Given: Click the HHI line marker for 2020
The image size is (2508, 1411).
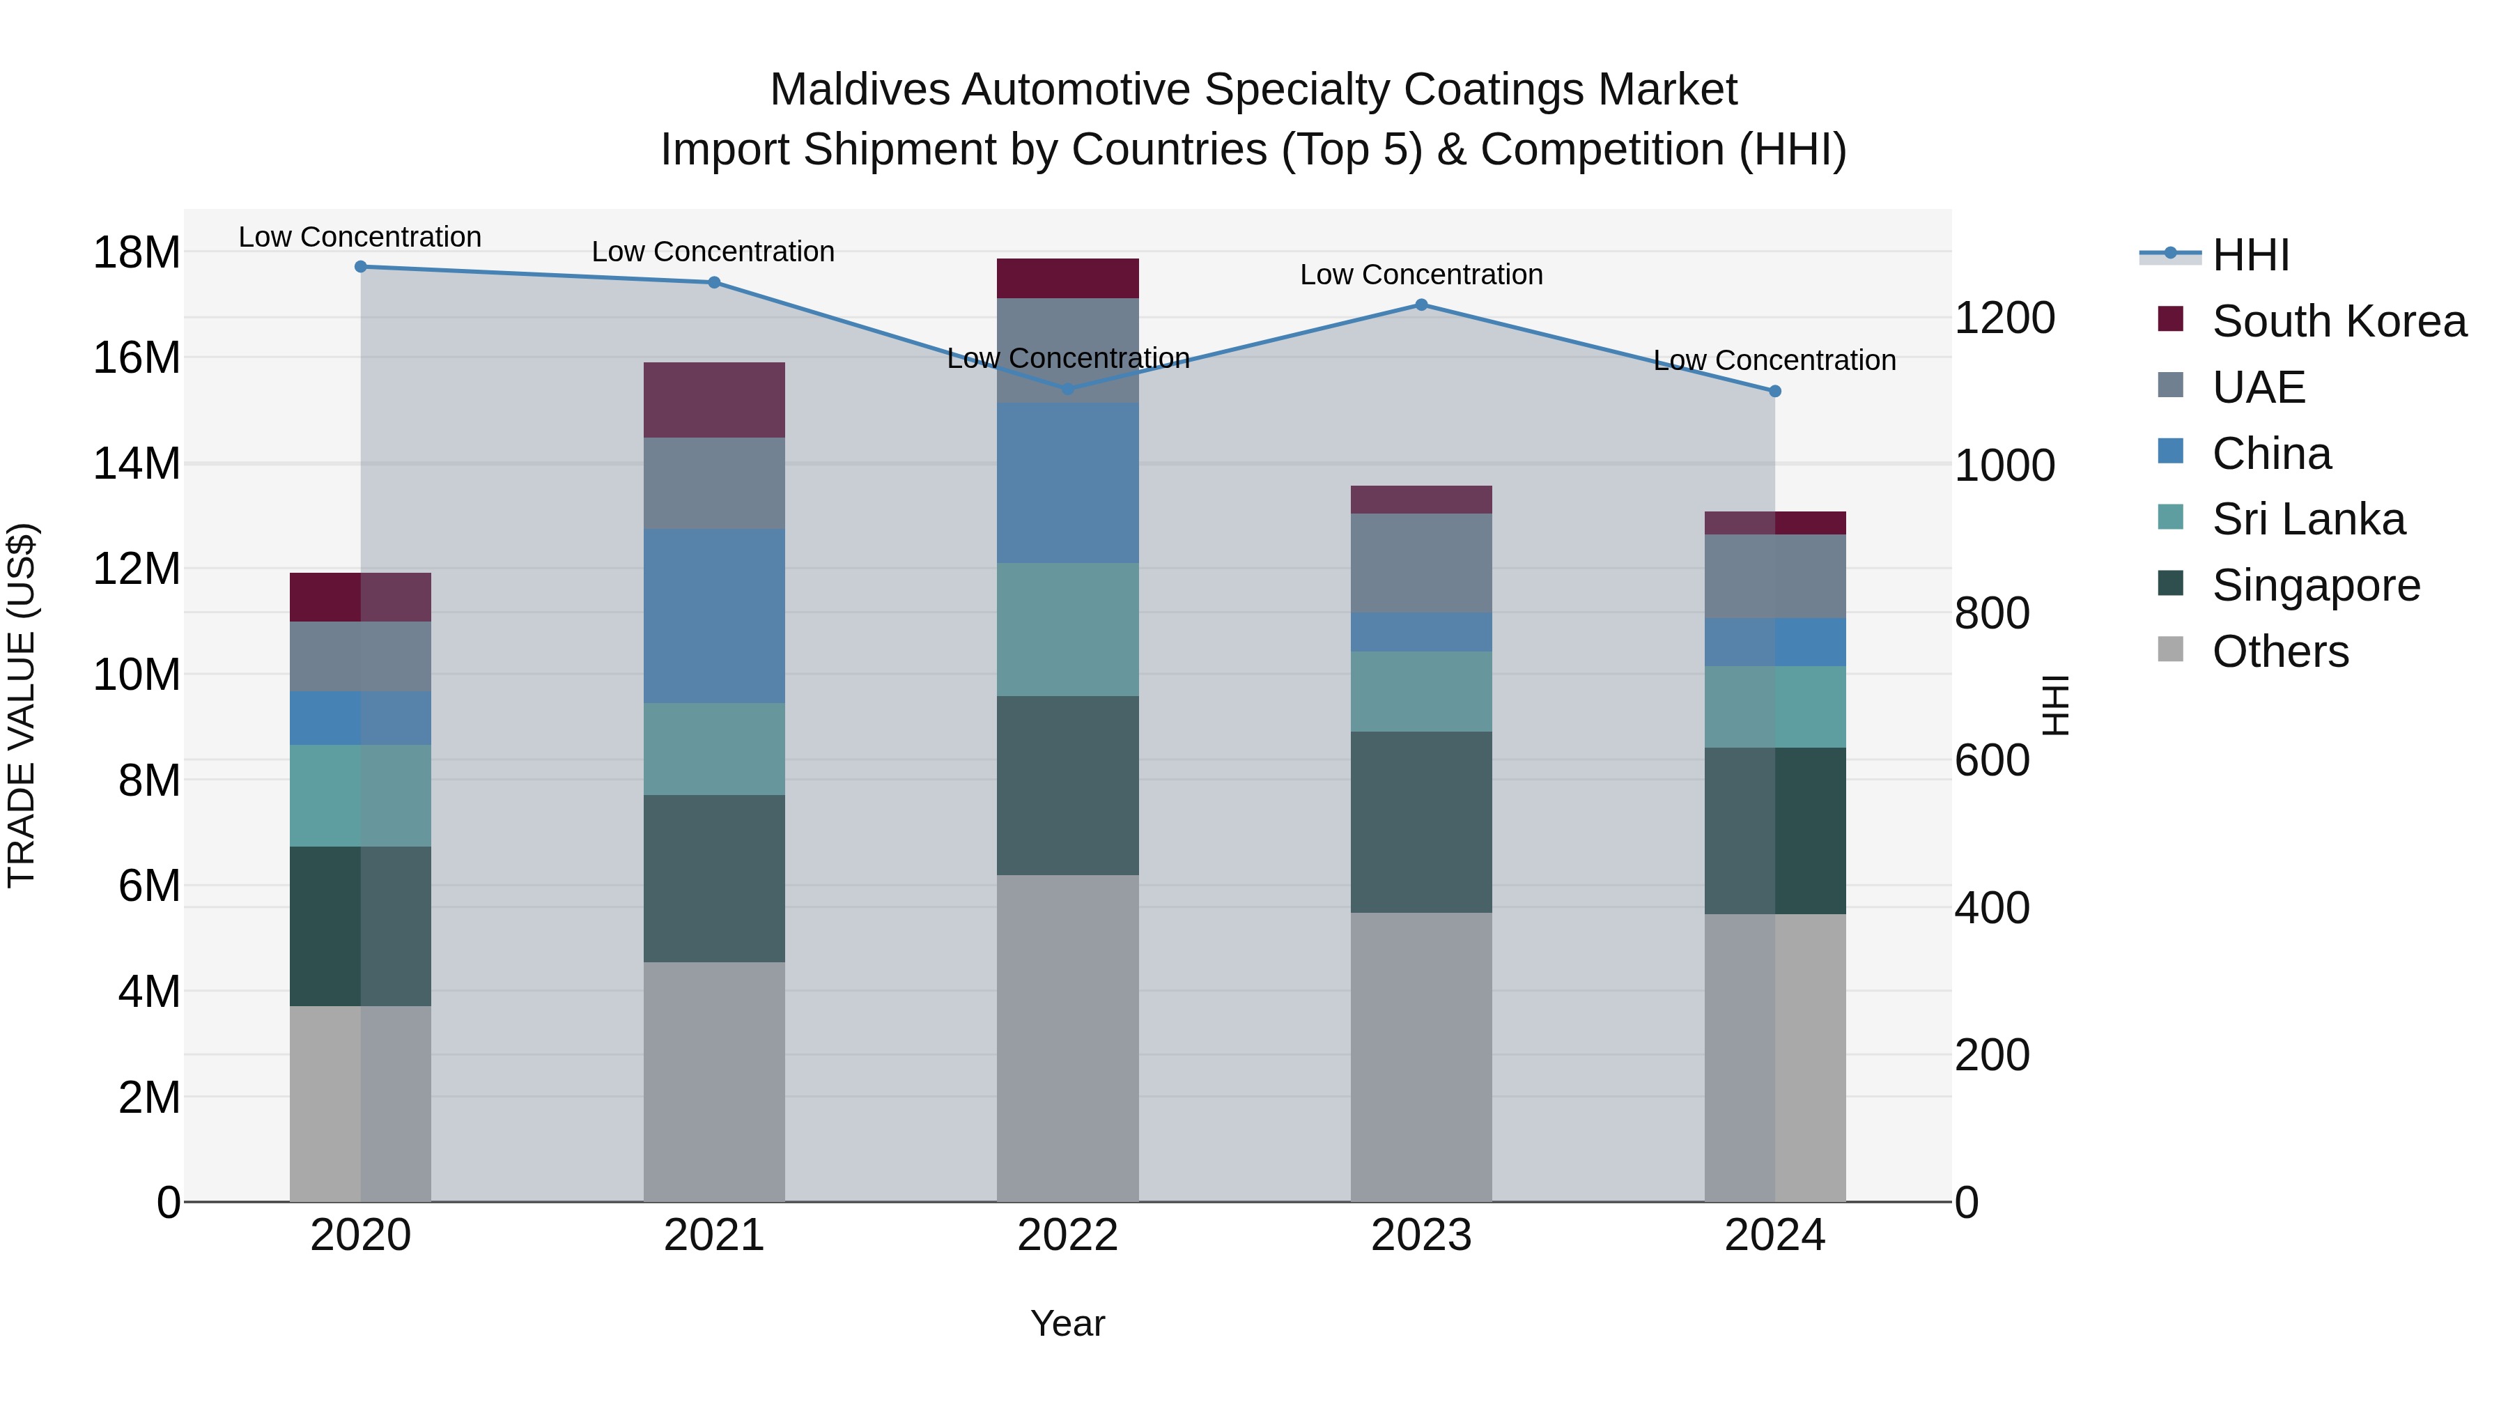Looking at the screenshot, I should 360,267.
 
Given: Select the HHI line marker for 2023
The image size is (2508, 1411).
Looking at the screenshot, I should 1421,304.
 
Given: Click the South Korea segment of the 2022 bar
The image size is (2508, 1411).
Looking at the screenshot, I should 1067,279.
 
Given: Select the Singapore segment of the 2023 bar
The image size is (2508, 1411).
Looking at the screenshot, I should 1421,822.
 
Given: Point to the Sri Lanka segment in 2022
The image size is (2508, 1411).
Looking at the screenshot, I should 1067,629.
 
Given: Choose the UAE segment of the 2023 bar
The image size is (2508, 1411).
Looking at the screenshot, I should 1421,563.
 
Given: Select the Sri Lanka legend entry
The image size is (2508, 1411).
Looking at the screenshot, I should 2307,519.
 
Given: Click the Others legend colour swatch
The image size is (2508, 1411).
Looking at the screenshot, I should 2170,649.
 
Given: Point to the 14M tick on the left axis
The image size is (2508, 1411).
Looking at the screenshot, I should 137,463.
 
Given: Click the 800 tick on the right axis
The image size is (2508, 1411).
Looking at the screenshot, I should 1991,613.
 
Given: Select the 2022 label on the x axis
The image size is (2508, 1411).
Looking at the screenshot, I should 1067,1235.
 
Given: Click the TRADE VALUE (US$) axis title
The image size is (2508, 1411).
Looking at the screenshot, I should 22,705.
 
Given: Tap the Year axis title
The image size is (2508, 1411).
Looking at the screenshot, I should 1067,1323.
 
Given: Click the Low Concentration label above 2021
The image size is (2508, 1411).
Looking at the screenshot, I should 713,252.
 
